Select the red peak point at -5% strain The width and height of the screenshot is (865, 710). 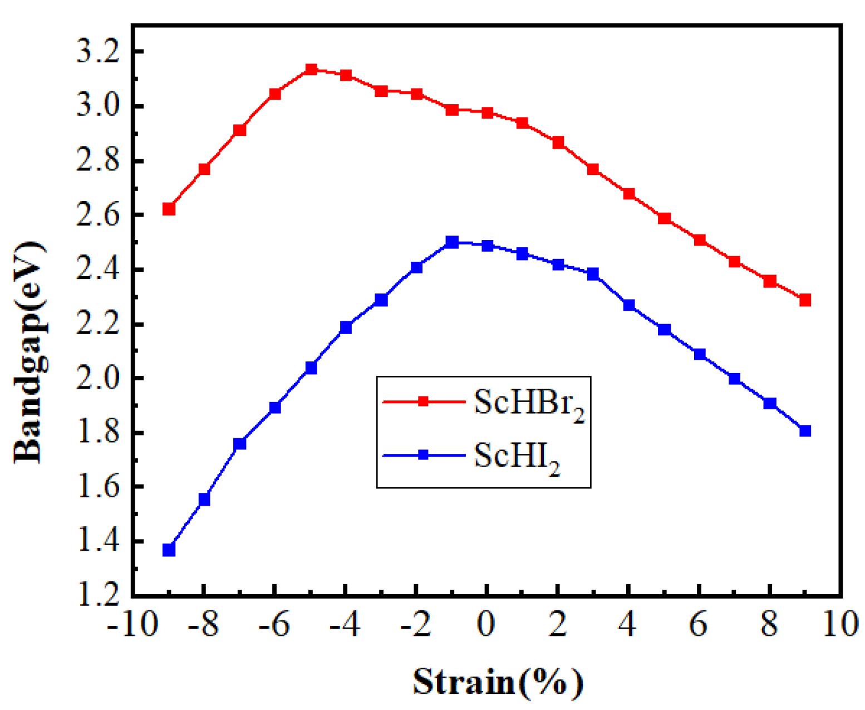[x=311, y=70]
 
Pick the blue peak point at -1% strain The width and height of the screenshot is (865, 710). [x=452, y=242]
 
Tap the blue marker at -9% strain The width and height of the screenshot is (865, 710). [x=169, y=550]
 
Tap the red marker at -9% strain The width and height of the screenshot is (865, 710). [x=169, y=209]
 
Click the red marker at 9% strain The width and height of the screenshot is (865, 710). [x=805, y=300]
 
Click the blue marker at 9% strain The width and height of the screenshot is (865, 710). [x=805, y=430]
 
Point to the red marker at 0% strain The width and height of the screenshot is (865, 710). [x=488, y=112]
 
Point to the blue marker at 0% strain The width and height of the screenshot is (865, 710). [x=488, y=246]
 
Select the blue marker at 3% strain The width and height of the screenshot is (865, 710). [x=593, y=273]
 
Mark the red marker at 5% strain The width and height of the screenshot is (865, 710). [x=664, y=218]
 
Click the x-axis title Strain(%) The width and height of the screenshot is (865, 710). [x=498, y=681]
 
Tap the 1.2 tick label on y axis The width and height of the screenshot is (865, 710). [x=98, y=595]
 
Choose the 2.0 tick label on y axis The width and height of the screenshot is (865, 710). [x=98, y=379]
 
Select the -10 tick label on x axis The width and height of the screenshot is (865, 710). [x=132, y=624]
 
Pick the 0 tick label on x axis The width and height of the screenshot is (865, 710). [x=487, y=624]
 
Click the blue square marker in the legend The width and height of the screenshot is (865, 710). [x=423, y=455]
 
